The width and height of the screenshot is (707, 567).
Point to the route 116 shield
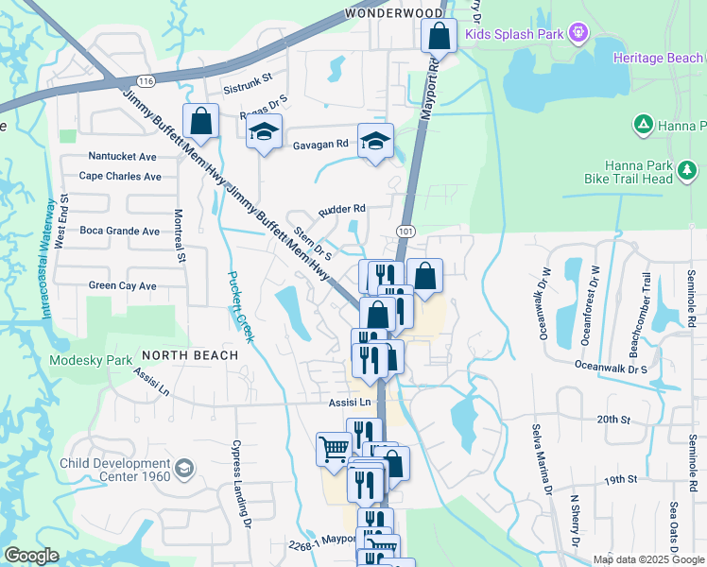pyautogui.click(x=145, y=82)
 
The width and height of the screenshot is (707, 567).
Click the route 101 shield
pyautogui.click(x=405, y=232)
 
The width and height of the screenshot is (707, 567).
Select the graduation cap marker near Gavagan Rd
pyautogui.click(x=375, y=142)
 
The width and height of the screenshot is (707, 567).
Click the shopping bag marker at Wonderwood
pyautogui.click(x=439, y=39)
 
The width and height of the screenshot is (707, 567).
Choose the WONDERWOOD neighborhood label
pyautogui.click(x=393, y=13)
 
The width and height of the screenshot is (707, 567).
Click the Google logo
pyautogui.click(x=32, y=556)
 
